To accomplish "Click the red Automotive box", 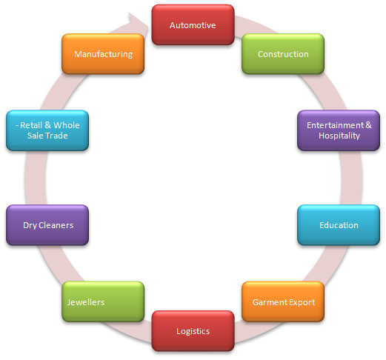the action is pyautogui.click(x=193, y=24).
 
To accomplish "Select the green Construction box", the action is pyautogui.click(x=283, y=54).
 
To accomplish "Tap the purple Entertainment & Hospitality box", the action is pyautogui.click(x=339, y=130).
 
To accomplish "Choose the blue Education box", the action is pyautogui.click(x=339, y=225).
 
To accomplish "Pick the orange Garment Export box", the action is pyautogui.click(x=283, y=301).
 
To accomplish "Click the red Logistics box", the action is pyautogui.click(x=193, y=330).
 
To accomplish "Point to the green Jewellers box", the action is pyautogui.click(x=103, y=301).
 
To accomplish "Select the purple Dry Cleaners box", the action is pyautogui.click(x=47, y=225).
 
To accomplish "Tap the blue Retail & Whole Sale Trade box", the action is pyautogui.click(x=47, y=130).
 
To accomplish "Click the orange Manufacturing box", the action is pyautogui.click(x=103, y=54).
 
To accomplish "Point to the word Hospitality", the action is pyautogui.click(x=339, y=136).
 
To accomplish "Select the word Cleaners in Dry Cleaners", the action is pyautogui.click(x=56, y=225).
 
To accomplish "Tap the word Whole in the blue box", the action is pyautogui.click(x=67, y=125).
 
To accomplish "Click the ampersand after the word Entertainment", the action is pyautogui.click(x=368, y=125).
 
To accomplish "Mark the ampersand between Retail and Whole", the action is pyautogui.click(x=47, y=125).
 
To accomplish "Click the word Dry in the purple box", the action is pyautogui.click(x=30, y=225).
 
